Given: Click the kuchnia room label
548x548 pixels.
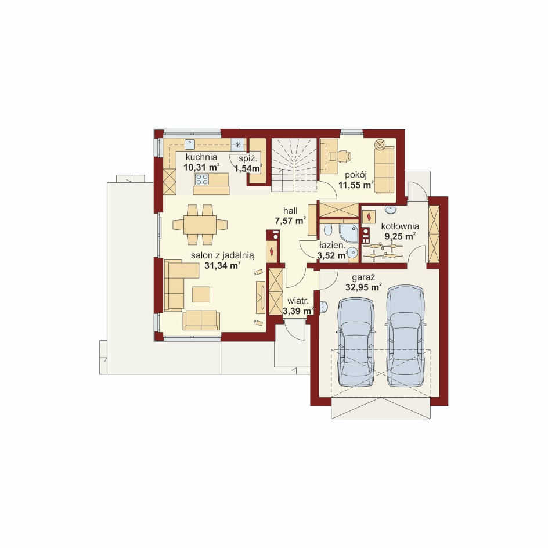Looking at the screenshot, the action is [201, 157].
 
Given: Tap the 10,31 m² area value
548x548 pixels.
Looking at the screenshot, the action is [201, 167].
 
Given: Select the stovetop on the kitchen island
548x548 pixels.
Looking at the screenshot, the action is [202, 179].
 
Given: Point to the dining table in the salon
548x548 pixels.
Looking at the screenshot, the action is [200, 225].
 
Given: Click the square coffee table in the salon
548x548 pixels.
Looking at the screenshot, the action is [201, 294].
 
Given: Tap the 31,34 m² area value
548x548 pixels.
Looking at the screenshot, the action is [222, 266].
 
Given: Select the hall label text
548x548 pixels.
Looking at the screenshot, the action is [290, 211].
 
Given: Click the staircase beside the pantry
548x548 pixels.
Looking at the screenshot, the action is [294, 165].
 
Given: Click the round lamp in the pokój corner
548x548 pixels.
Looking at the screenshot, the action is [380, 144].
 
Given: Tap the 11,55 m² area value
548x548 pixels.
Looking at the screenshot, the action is [356, 185].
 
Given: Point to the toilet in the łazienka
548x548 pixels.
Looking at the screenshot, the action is [328, 230].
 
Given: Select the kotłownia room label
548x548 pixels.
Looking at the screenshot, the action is [400, 226].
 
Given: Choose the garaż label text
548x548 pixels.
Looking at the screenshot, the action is [363, 278].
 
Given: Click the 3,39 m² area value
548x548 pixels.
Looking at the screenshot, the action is [298, 311].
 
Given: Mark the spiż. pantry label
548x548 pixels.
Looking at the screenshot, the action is [248, 158].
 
